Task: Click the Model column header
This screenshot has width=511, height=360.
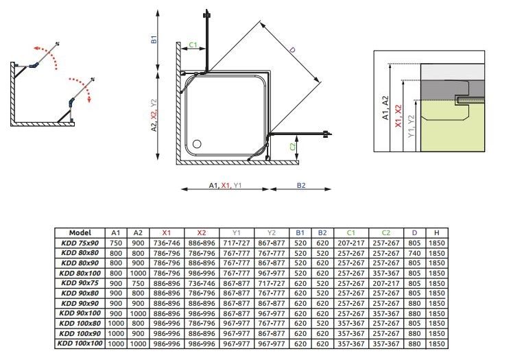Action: [80, 232]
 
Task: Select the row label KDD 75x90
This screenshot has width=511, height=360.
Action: [80, 243]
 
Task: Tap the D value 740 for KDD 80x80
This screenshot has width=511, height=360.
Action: [414, 253]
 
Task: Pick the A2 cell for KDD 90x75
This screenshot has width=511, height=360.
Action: [138, 283]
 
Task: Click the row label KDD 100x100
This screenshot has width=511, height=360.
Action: [80, 344]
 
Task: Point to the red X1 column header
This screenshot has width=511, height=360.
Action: [167, 232]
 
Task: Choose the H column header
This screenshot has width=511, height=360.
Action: [437, 232]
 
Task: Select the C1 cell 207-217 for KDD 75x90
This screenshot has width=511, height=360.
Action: [351, 243]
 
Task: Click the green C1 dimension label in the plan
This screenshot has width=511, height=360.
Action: [193, 45]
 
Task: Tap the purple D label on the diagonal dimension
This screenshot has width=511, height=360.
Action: [292, 50]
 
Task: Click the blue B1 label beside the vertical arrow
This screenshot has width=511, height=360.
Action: [154, 39]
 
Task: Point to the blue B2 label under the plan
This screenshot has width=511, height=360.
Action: [301, 185]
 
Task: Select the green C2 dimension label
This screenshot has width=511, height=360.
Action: [293, 147]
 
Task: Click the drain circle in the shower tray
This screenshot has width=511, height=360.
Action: [197, 144]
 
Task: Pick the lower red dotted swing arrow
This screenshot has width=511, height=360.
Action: [82, 88]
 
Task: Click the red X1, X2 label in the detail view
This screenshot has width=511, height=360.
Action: [398, 116]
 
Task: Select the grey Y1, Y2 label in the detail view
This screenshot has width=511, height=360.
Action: [412, 126]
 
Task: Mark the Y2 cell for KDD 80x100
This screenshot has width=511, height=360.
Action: [272, 273]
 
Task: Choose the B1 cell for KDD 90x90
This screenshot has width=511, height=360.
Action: [300, 303]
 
